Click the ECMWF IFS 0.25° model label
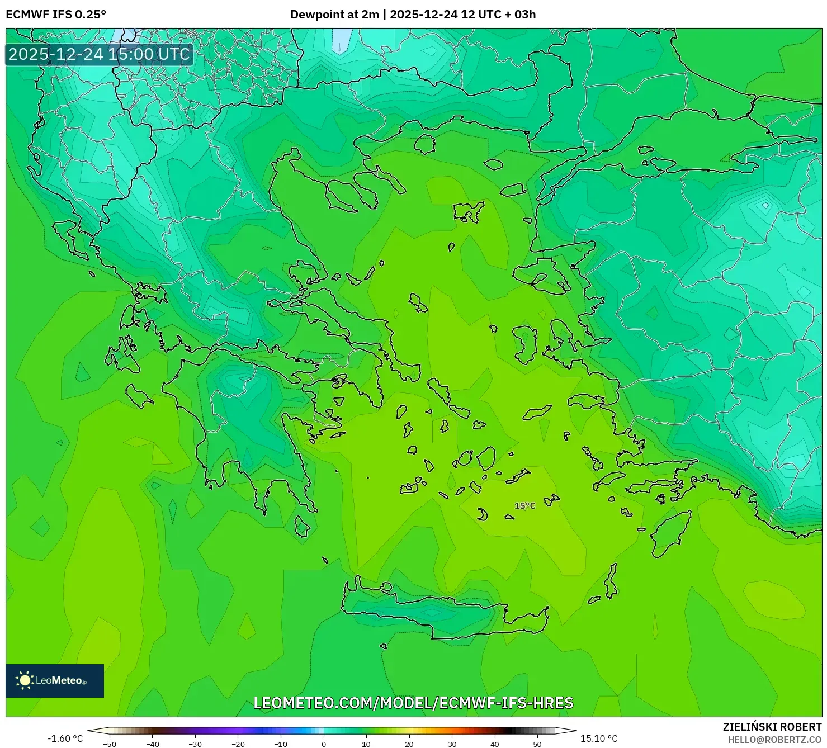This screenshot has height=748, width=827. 56,15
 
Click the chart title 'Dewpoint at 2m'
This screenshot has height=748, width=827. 334,15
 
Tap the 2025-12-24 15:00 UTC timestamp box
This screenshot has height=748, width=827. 99,54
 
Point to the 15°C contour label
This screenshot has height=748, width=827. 524,506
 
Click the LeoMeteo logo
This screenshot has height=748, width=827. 55,680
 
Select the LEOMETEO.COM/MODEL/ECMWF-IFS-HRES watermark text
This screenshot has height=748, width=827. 413,703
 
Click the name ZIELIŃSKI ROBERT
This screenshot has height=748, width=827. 772,727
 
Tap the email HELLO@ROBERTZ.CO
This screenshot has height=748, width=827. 774,740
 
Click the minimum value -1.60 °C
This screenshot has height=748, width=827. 65,738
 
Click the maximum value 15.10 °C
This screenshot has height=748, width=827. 599,738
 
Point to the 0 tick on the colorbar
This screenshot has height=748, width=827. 324,744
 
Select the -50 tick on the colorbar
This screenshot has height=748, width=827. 110,744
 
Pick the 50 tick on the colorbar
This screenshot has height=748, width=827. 537,744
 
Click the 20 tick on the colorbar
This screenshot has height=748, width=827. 409,744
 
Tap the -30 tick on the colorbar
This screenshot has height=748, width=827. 195,744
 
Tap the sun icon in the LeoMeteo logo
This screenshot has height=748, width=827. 25,680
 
